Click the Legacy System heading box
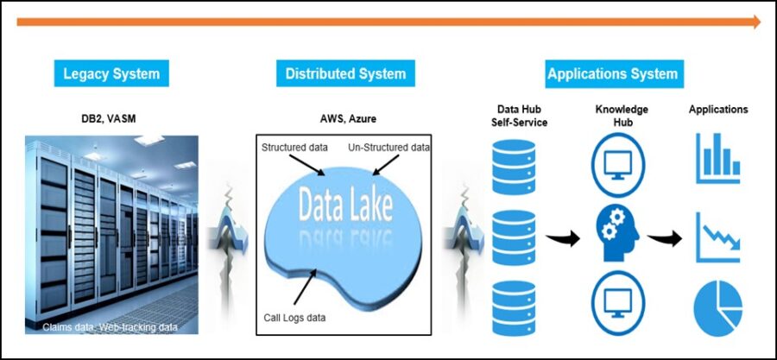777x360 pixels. (x=111, y=73)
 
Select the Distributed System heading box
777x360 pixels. (x=345, y=73)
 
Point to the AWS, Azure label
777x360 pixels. (x=345, y=118)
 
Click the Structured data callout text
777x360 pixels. (x=294, y=147)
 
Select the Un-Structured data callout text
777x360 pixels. (x=388, y=147)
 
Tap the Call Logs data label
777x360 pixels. (x=294, y=317)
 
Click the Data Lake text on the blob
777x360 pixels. (x=346, y=204)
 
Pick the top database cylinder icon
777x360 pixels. (x=514, y=167)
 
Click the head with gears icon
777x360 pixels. (x=618, y=234)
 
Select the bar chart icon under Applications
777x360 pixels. (x=718, y=159)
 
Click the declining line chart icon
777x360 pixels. (x=718, y=237)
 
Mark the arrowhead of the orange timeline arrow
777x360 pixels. (x=756, y=22)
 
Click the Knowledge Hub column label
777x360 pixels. (x=622, y=116)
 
